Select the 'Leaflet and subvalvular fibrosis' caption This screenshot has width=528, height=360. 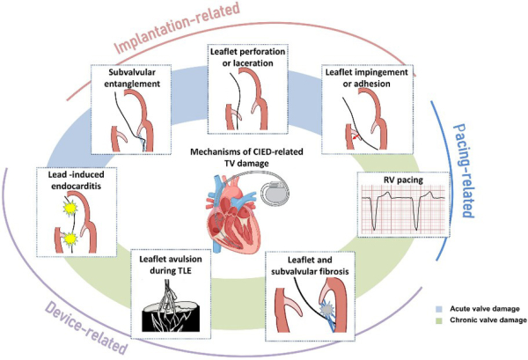tap(315, 264)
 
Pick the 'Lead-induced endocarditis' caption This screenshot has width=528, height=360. tap(70, 180)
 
